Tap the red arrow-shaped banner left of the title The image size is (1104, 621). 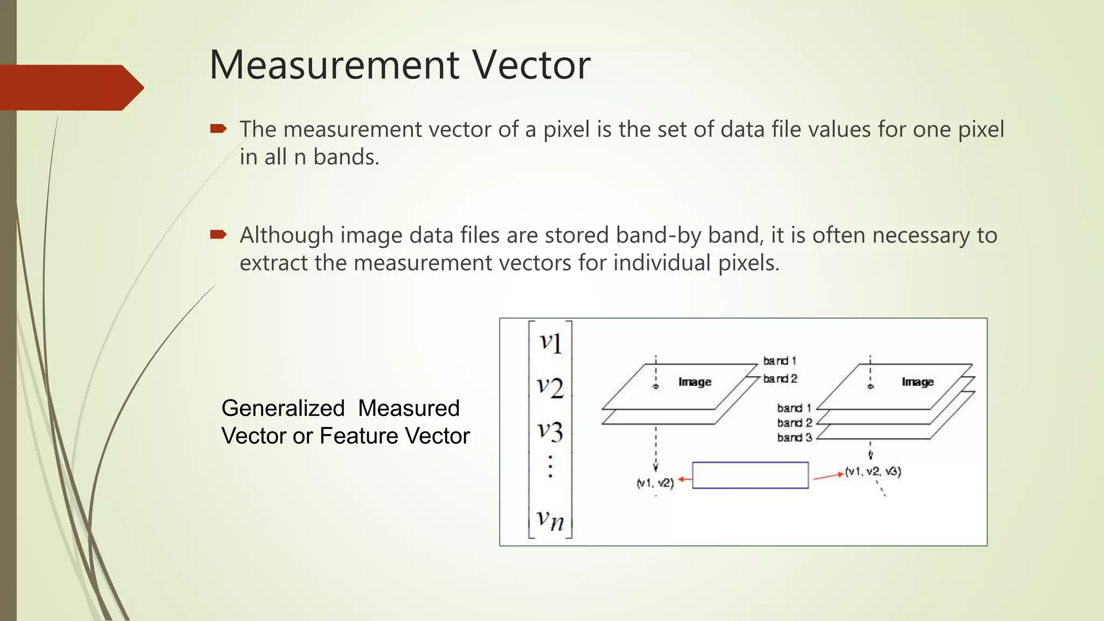click(x=70, y=87)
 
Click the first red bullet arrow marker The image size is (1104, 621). click(x=218, y=128)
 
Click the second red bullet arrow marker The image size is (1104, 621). click(x=218, y=234)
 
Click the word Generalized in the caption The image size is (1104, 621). click(x=282, y=408)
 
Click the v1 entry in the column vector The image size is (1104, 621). click(x=551, y=342)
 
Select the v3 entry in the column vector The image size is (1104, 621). click(x=550, y=431)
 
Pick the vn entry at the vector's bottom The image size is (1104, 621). click(x=550, y=520)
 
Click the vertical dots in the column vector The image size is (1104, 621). click(x=550, y=466)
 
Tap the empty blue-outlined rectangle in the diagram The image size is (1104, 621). click(x=750, y=475)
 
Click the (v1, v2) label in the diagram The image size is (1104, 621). click(x=655, y=483)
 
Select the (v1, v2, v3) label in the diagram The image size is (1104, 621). click(x=873, y=472)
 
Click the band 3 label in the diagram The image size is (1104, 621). click(x=794, y=437)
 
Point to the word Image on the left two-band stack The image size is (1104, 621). click(x=695, y=382)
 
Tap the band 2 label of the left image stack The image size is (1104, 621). click(x=779, y=379)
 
